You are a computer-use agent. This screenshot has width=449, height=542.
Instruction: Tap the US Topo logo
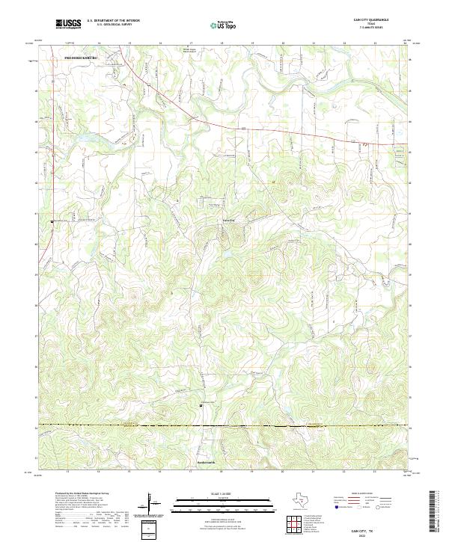222,23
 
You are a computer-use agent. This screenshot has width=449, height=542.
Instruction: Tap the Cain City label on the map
224,221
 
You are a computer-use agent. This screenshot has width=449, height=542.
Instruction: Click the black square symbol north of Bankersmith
200,406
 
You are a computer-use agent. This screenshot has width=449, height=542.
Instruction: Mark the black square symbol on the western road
52,221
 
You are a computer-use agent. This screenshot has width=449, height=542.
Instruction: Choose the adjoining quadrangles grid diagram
297,525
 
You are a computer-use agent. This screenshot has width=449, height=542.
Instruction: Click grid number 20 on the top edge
283,44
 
